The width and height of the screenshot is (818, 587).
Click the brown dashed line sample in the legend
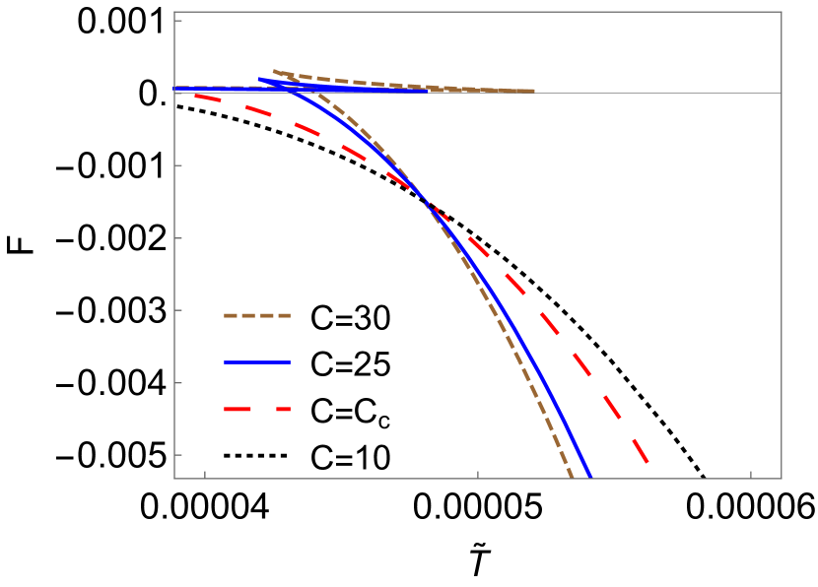click(257, 316)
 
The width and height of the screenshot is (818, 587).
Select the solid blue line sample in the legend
click(257, 362)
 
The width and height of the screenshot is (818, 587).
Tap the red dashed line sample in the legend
click(257, 409)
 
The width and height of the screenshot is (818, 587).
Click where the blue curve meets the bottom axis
click(590, 478)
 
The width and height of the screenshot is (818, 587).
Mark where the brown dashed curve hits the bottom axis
click(573, 478)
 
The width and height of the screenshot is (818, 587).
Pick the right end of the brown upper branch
click(534, 91)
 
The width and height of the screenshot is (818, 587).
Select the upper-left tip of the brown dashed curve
click(273, 71)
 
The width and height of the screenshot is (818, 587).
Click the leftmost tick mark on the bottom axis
click(205, 475)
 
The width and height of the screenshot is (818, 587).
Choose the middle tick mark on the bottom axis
click(478, 475)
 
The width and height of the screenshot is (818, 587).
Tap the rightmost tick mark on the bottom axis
click(751, 475)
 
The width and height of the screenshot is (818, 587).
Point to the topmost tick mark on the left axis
click(178, 20)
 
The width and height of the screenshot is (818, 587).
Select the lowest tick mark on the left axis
click(178, 455)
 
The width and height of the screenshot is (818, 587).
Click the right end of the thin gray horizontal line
click(781, 93)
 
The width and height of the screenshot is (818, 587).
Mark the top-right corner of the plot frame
click(782, 12)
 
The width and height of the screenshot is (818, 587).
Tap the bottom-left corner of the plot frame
click(174, 479)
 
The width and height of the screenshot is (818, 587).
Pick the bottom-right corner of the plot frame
click(782, 479)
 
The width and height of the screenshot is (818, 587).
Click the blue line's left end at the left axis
click(175, 89)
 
